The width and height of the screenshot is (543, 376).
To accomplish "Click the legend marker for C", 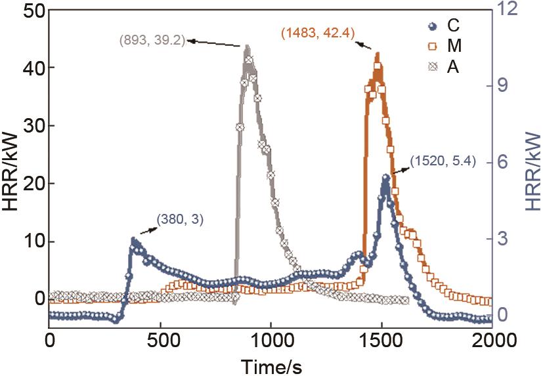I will [x=431, y=26].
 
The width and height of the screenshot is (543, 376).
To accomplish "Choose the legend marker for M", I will [x=431, y=47].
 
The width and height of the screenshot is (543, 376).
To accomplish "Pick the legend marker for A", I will [x=431, y=67].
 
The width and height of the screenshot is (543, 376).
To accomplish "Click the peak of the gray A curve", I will [x=247, y=46].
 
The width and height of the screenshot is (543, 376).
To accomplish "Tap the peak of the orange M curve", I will [x=377, y=54].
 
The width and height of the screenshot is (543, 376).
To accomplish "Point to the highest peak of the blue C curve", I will [x=385, y=176].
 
